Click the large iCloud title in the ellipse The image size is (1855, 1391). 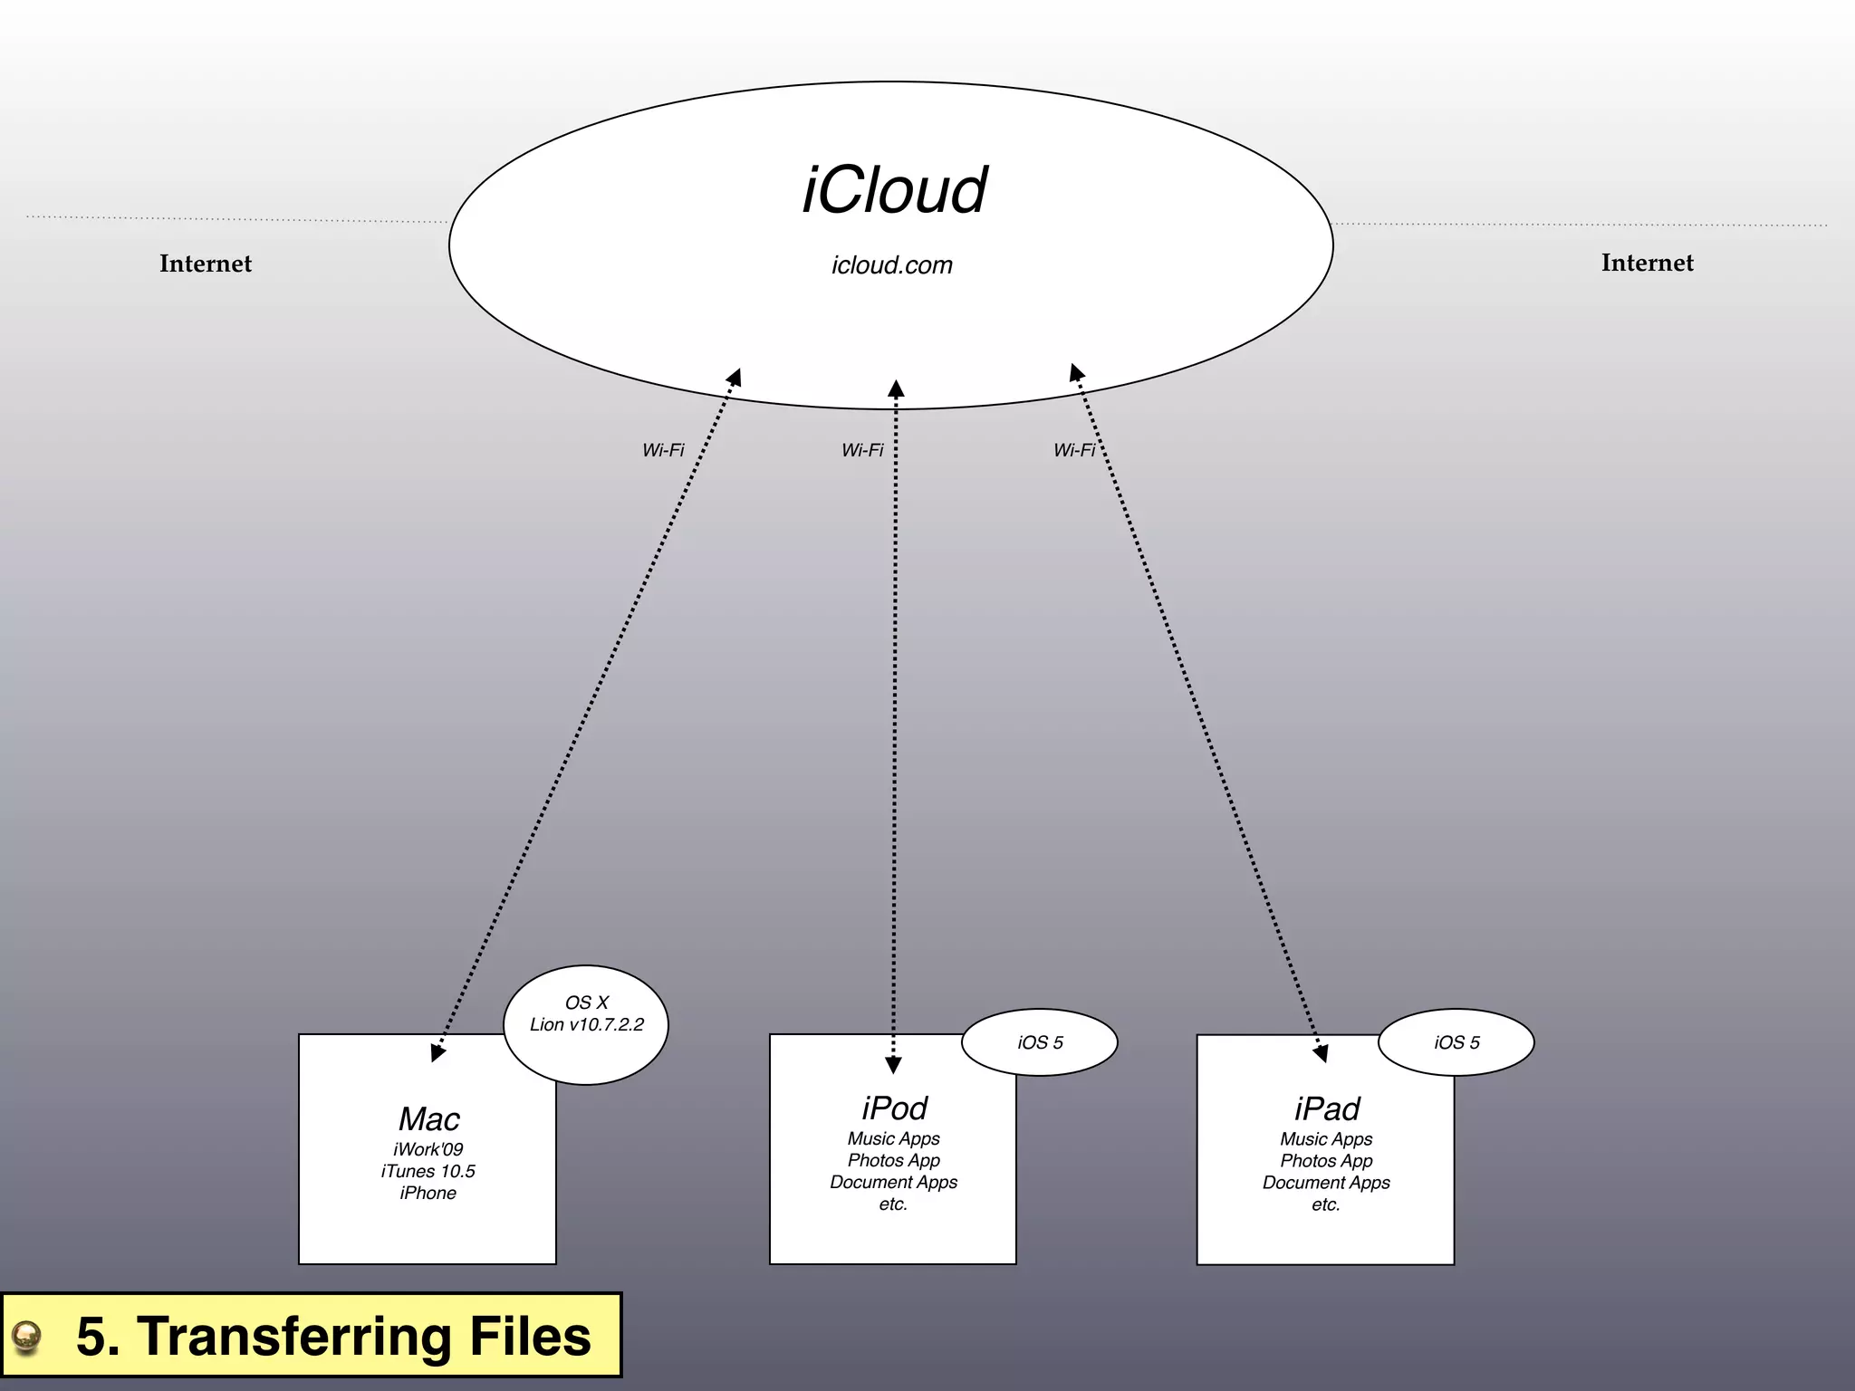(894, 191)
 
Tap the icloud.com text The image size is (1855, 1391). (892, 265)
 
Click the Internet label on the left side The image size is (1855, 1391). (206, 264)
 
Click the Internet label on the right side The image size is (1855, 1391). (1647, 263)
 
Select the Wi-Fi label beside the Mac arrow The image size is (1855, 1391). (663, 450)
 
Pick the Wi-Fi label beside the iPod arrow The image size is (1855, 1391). (862, 450)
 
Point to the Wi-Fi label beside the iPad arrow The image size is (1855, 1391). (1074, 450)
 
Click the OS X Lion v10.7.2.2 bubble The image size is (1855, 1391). (586, 1023)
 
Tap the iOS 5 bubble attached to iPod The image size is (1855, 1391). (1040, 1042)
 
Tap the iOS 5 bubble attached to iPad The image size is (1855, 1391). (1456, 1042)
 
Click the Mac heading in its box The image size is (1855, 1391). (429, 1119)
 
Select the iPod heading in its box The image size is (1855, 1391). (894, 1108)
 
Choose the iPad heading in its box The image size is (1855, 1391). (1327, 1108)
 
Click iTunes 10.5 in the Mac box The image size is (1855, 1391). (428, 1171)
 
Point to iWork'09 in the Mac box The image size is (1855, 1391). (428, 1149)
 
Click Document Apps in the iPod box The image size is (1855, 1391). (893, 1182)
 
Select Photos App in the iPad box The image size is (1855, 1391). (1326, 1161)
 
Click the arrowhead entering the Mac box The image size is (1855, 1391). (437, 1052)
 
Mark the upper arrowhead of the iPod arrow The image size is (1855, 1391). (896, 389)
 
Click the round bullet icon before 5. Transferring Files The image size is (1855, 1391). (27, 1337)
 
